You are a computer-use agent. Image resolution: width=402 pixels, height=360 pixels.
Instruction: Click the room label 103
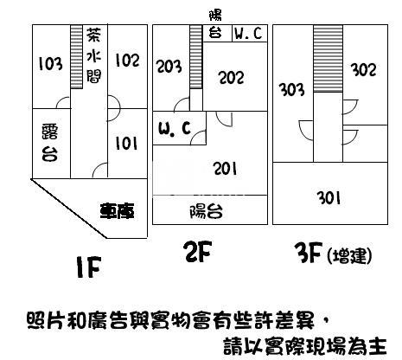tap(50, 64)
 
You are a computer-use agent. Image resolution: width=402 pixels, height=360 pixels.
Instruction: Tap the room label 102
tap(127, 61)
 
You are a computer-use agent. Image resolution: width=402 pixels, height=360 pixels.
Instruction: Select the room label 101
tap(126, 143)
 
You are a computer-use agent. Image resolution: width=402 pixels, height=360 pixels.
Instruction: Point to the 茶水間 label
tap(94, 55)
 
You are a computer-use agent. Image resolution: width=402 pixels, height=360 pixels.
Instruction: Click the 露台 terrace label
tap(49, 143)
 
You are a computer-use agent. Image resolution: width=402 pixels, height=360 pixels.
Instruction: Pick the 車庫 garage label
tap(117, 211)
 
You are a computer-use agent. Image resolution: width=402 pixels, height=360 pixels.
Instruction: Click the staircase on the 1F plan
tap(76, 57)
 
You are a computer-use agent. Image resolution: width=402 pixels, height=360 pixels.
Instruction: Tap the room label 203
tap(169, 66)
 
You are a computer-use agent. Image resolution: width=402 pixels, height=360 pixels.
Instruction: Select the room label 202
tap(231, 77)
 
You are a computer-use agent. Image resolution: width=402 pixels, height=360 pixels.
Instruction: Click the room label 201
tap(225, 169)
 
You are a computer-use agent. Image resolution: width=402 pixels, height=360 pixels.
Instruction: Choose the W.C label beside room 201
tap(175, 128)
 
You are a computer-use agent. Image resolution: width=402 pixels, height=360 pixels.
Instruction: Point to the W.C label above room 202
tap(248, 33)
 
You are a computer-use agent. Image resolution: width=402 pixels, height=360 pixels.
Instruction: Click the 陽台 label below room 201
tap(206, 211)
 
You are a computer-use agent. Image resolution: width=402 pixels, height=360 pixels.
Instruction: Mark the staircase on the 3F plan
tap(328, 59)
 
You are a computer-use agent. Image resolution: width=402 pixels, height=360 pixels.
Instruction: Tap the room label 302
tap(363, 70)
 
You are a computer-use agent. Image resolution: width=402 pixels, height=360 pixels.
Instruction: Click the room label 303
tap(291, 89)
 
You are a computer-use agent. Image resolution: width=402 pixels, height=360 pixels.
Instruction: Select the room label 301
tap(329, 198)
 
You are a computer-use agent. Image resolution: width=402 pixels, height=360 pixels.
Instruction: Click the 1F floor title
tap(89, 267)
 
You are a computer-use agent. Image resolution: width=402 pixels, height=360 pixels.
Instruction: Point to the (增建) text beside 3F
tap(349, 256)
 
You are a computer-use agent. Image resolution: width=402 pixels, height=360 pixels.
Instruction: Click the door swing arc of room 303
tap(302, 132)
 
